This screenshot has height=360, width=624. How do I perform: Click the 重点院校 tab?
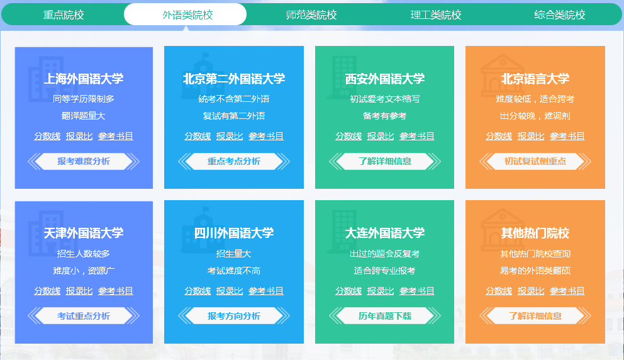click(64, 14)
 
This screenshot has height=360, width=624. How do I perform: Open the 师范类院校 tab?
click(311, 14)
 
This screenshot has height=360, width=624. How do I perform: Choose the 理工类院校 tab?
click(436, 14)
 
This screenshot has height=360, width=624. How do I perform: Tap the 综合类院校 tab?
click(560, 14)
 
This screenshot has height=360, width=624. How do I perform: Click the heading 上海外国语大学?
click(84, 79)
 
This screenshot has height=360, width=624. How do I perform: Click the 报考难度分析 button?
click(84, 161)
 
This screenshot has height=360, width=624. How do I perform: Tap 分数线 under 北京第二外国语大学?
click(198, 136)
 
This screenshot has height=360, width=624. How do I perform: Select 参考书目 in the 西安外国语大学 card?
click(416, 136)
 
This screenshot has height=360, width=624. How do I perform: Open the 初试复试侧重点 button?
click(535, 161)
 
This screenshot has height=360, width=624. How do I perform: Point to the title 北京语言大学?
click(535, 79)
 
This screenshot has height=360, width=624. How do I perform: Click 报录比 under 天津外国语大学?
click(79, 291)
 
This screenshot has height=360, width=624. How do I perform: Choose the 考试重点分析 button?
click(84, 316)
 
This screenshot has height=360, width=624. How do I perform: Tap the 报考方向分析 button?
click(234, 316)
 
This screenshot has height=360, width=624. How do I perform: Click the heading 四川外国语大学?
click(234, 233)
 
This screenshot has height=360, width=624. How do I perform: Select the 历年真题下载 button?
click(385, 316)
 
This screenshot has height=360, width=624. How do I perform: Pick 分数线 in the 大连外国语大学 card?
click(348, 291)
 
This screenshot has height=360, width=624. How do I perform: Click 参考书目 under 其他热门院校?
click(567, 291)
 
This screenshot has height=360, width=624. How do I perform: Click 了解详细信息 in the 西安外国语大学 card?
click(385, 161)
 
